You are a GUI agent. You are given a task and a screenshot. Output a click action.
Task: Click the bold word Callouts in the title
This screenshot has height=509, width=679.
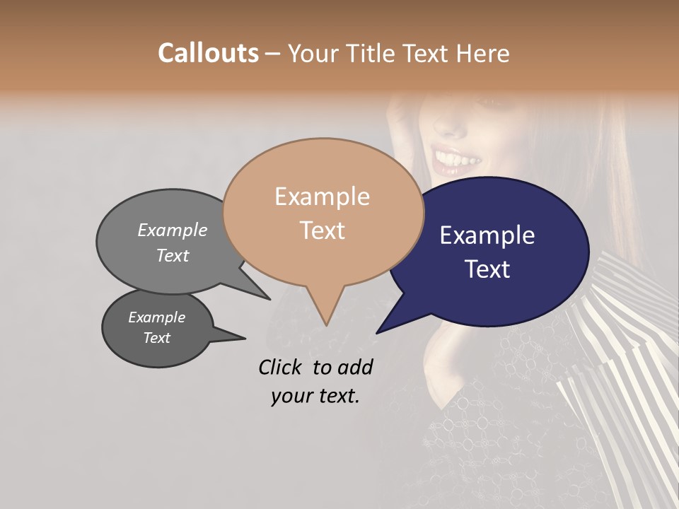(208, 53)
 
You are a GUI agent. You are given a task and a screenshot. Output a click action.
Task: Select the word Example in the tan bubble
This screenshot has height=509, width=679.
(322, 197)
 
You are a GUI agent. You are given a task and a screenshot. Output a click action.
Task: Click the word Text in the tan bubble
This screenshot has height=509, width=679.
(322, 230)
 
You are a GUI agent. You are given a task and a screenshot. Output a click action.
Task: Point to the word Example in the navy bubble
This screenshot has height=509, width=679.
(487, 235)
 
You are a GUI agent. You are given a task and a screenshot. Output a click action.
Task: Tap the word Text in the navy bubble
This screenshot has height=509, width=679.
(487, 269)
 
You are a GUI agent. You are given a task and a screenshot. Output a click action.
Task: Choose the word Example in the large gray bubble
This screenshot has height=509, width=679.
(173, 230)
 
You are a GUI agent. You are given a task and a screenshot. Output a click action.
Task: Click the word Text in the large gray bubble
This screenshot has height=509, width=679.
(173, 255)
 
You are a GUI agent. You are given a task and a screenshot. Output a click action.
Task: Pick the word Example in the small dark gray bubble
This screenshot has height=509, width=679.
(157, 317)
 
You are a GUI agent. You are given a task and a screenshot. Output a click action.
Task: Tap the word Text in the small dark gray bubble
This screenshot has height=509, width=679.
(157, 338)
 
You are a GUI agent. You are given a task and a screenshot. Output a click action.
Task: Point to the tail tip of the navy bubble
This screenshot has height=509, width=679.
(379, 331)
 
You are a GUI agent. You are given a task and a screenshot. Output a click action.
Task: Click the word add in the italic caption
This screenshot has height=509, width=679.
(355, 367)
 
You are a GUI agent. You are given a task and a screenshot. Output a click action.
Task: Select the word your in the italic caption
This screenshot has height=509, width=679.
(291, 396)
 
